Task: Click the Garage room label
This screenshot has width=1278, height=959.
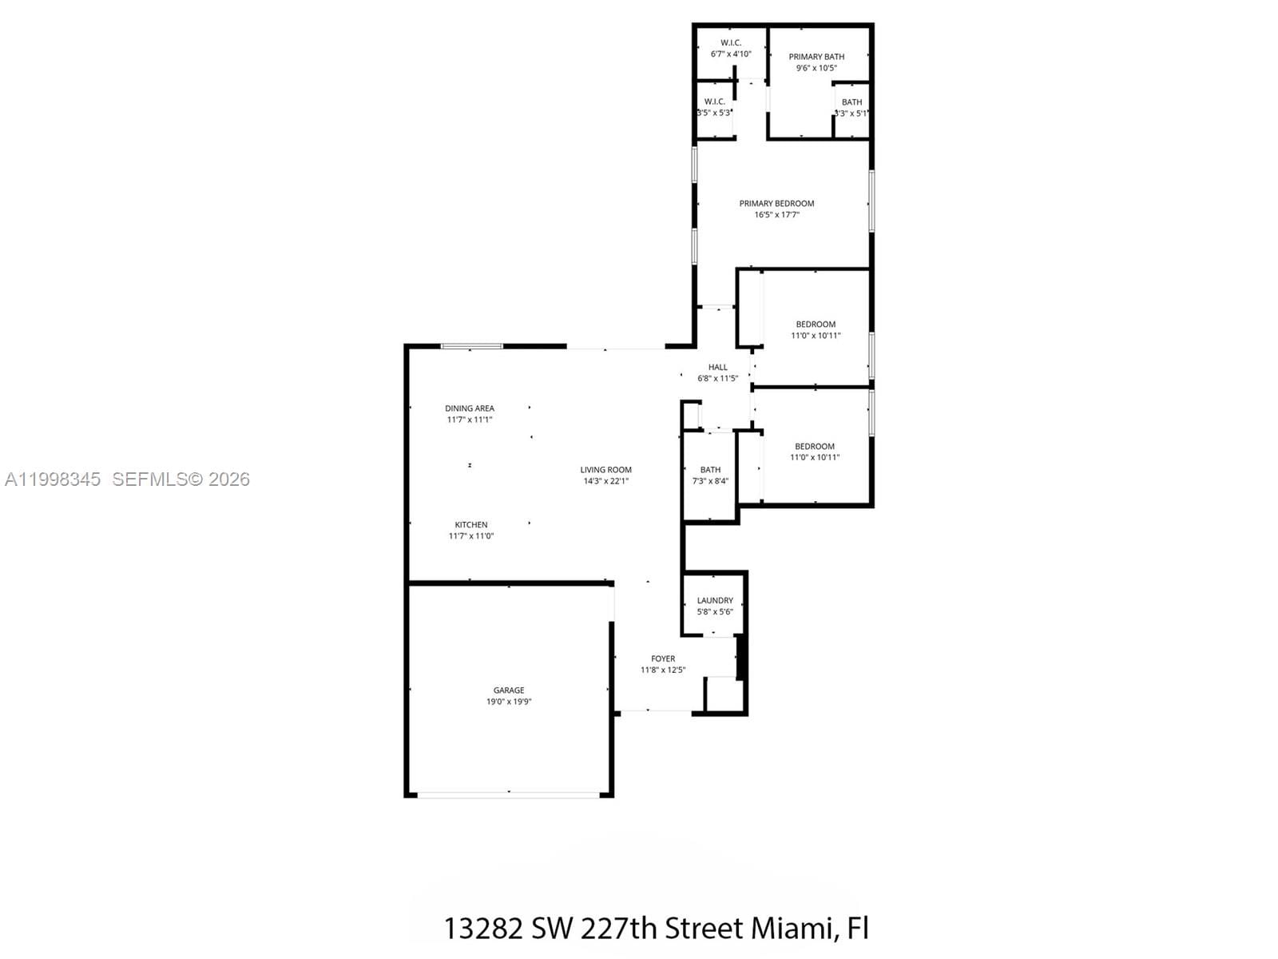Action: pyautogui.click(x=509, y=690)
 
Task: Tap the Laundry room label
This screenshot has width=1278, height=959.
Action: pyautogui.click(x=714, y=600)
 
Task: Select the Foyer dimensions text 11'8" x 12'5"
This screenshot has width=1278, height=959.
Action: pyautogui.click(x=662, y=670)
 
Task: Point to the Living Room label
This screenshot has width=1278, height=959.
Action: pyautogui.click(x=605, y=470)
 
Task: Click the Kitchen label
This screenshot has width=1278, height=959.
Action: pyautogui.click(x=470, y=525)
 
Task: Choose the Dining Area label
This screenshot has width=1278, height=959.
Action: pyautogui.click(x=470, y=408)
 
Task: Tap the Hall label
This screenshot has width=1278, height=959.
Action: pyautogui.click(x=717, y=368)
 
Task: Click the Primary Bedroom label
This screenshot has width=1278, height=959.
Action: pyautogui.click(x=776, y=204)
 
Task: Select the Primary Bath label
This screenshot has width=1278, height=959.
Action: pyautogui.click(x=816, y=57)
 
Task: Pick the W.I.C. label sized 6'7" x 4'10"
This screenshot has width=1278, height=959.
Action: pyautogui.click(x=730, y=43)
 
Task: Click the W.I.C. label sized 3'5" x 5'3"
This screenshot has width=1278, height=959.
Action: pyautogui.click(x=714, y=101)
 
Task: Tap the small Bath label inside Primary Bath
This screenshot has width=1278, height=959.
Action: pyautogui.click(x=851, y=102)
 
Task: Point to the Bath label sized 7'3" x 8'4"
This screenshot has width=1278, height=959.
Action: pyautogui.click(x=710, y=470)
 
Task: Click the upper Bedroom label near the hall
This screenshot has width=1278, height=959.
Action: pyautogui.click(x=816, y=324)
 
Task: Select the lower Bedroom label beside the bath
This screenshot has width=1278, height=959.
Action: pyautogui.click(x=814, y=447)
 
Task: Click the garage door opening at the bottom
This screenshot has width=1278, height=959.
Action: pyautogui.click(x=509, y=794)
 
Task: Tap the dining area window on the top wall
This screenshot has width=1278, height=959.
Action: pyautogui.click(x=472, y=347)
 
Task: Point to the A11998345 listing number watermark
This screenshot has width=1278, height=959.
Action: pyautogui.click(x=53, y=479)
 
